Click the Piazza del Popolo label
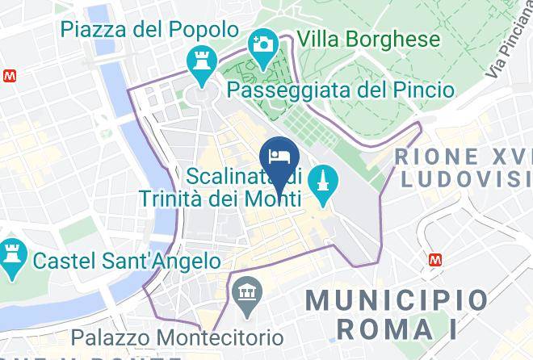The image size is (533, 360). (149, 31)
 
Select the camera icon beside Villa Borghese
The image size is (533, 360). (262, 42)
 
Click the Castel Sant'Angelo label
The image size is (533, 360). (127, 262)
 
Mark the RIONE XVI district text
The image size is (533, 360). (462, 156)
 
